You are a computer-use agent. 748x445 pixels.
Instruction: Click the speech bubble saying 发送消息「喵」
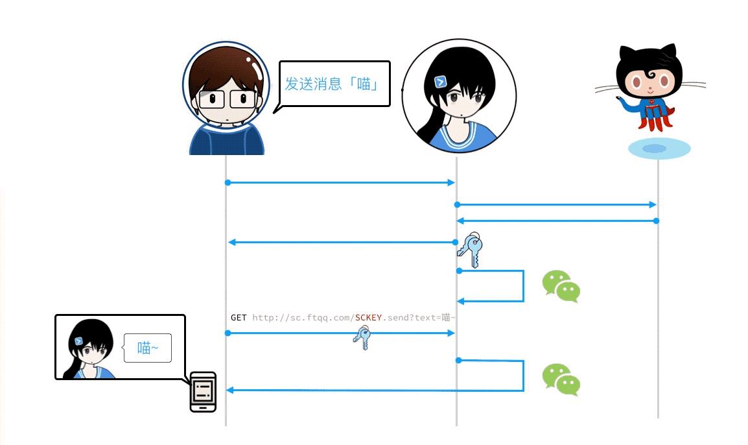click(334, 84)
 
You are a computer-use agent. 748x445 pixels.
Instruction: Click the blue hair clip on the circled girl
click(440, 81)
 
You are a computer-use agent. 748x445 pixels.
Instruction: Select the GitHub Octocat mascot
click(648, 84)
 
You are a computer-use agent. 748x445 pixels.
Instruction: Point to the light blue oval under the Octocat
click(659, 149)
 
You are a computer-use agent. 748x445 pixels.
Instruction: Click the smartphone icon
click(203, 392)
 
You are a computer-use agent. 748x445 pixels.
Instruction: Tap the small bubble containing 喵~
click(148, 348)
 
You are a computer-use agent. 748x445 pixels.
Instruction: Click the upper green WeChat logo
click(561, 286)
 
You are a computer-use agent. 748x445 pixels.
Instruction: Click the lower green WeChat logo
click(561, 379)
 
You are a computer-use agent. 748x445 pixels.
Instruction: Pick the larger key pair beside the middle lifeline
click(471, 250)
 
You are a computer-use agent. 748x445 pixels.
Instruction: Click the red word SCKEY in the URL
click(368, 318)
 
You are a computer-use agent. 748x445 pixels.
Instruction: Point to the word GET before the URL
click(239, 318)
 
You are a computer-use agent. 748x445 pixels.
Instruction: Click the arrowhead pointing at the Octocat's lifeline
click(653, 205)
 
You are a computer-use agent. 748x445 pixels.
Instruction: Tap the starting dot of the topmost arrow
click(228, 183)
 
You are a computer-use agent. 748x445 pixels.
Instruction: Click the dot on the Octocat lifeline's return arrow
click(656, 221)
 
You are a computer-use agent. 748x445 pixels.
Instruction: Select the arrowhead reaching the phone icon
click(230, 390)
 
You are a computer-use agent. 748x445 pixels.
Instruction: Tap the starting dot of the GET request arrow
click(228, 333)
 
